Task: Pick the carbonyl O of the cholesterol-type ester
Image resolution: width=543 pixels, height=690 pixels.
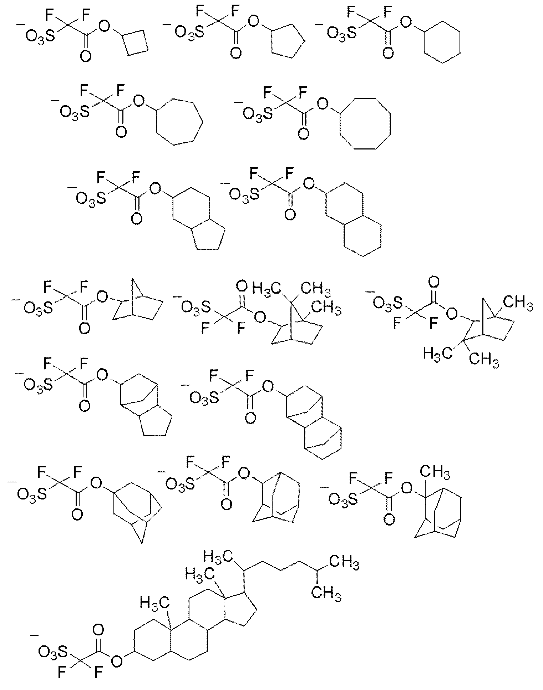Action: pos(98,629)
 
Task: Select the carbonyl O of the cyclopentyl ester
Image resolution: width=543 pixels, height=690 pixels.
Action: pos(235,54)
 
